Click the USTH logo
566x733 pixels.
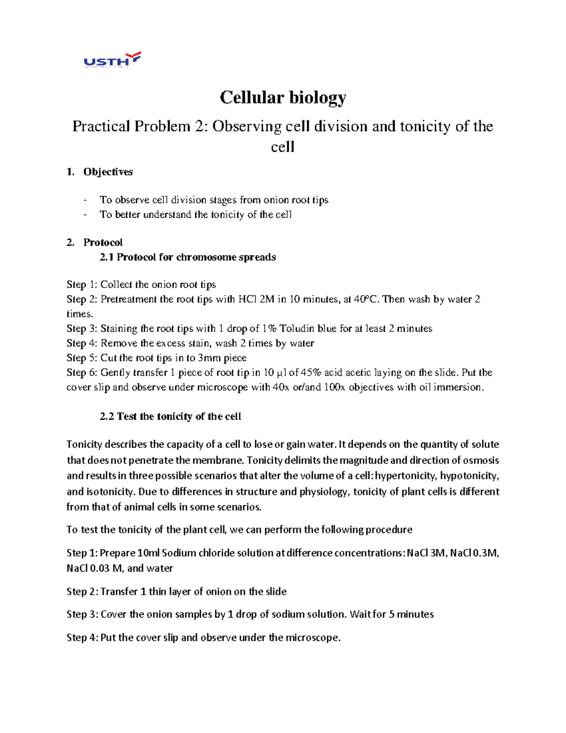[x=112, y=60]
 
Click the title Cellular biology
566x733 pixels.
[x=283, y=98]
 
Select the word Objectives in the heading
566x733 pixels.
[x=108, y=172]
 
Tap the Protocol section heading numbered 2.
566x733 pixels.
[x=103, y=243]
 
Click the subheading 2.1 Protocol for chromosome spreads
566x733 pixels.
[x=188, y=257]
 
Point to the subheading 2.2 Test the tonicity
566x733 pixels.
[x=170, y=416]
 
